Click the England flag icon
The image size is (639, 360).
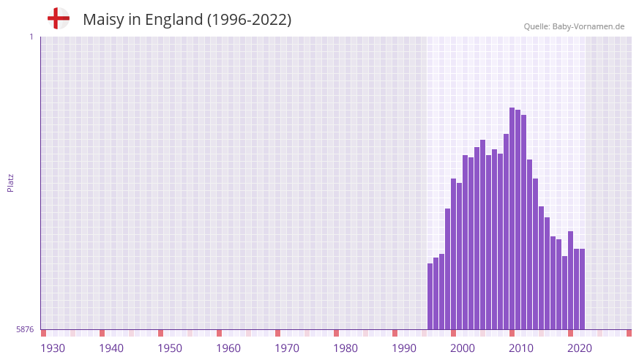(x=58, y=18)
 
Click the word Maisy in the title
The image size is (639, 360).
(x=103, y=20)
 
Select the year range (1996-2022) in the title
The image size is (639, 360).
(x=249, y=20)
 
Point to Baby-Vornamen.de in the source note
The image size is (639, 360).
(x=589, y=26)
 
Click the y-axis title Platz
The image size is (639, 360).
(x=10, y=183)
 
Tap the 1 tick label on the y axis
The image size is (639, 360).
(x=31, y=37)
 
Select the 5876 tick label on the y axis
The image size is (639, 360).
(x=25, y=329)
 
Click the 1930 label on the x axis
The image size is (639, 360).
(x=53, y=348)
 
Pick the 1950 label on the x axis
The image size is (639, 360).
(x=170, y=348)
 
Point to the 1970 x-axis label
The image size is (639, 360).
(x=287, y=348)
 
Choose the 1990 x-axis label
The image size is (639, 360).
(x=404, y=348)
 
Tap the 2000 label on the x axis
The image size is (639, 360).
(x=463, y=348)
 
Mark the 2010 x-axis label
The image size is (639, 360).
(x=521, y=348)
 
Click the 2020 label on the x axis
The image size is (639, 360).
(x=580, y=348)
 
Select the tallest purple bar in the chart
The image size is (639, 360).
(x=512, y=220)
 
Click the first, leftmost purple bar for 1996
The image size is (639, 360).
(x=430, y=296)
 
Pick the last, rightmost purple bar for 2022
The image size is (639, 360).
(x=583, y=289)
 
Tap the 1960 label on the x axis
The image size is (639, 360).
(x=228, y=348)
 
